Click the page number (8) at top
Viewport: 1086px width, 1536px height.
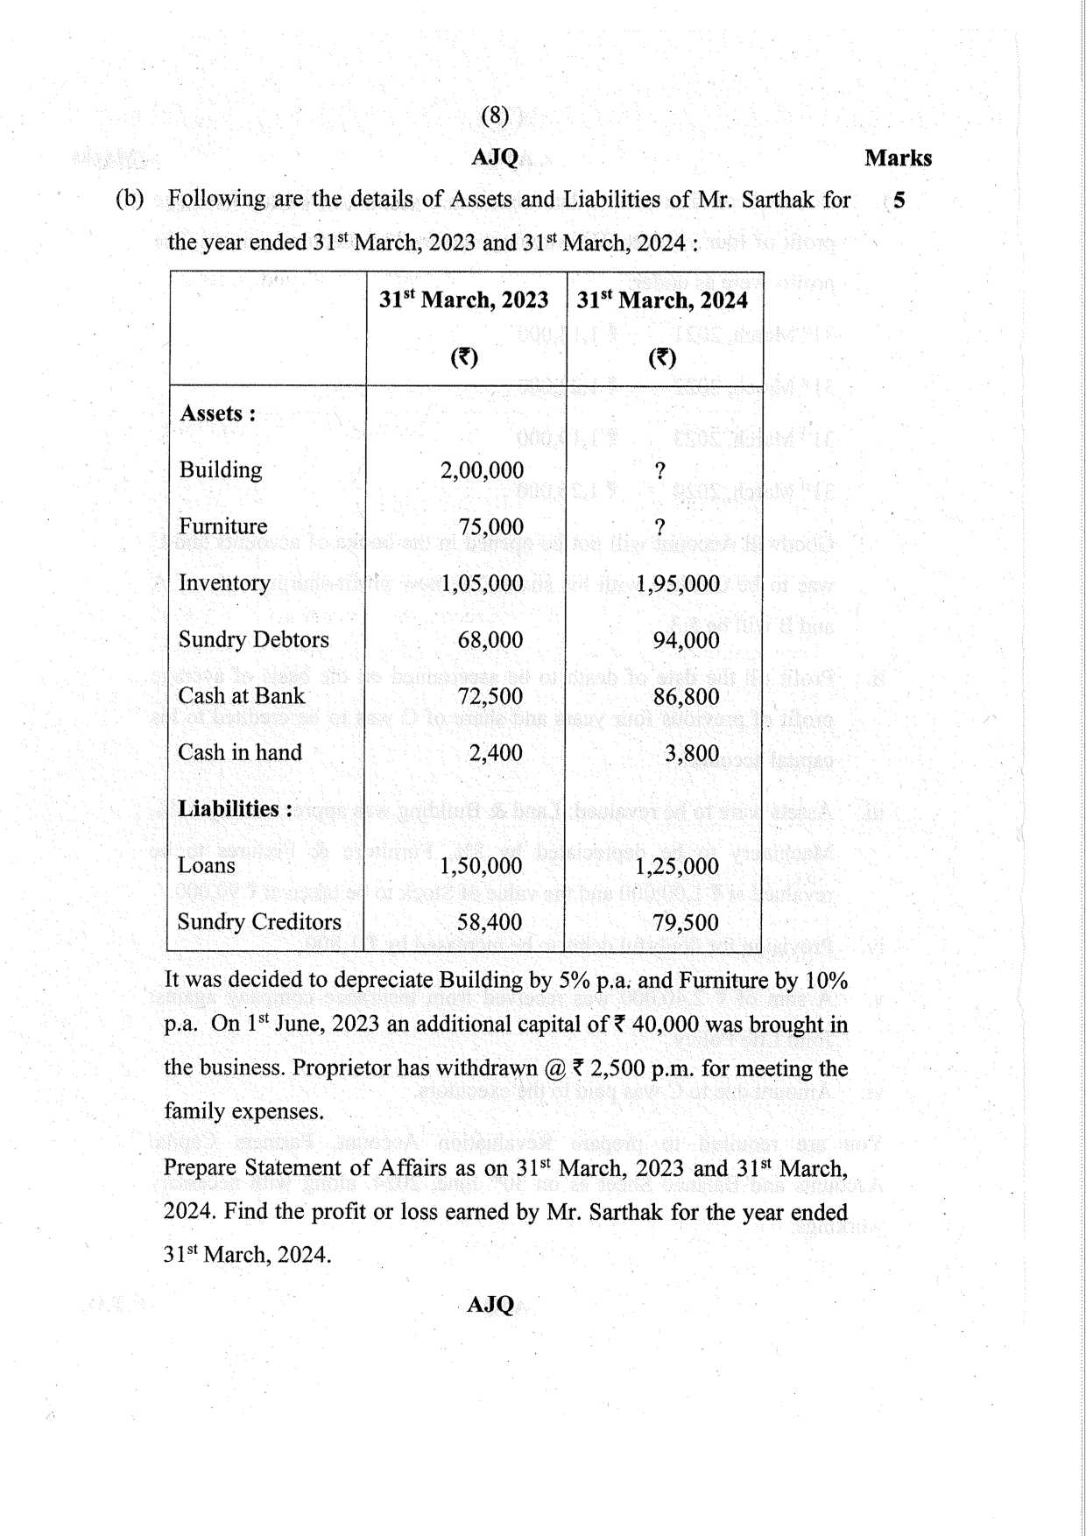tap(495, 116)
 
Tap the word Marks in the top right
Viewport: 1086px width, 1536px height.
tap(898, 159)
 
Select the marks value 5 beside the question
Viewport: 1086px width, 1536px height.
tap(899, 201)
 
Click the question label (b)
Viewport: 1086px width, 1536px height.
tap(130, 199)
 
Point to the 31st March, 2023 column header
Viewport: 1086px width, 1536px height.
tap(464, 300)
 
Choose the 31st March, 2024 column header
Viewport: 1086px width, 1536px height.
tap(662, 300)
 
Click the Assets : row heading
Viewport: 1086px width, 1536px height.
tap(217, 413)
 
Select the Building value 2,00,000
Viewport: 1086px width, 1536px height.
tap(482, 470)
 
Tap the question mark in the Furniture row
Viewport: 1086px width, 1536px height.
tap(659, 527)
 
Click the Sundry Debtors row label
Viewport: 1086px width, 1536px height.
tap(253, 639)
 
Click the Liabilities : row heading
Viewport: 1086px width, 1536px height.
tap(235, 808)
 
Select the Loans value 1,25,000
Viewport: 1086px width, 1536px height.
tap(677, 866)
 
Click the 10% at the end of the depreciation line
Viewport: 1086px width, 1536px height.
tap(825, 981)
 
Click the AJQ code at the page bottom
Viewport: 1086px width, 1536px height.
tap(490, 1305)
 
